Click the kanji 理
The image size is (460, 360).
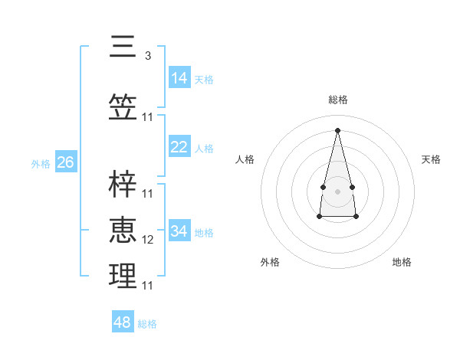tap(123, 275)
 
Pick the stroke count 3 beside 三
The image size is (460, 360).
tap(148, 55)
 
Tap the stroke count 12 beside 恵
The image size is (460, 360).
tap(148, 240)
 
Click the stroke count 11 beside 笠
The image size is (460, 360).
tap(148, 117)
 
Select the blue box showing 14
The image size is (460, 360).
tap(179, 77)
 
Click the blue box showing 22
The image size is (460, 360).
tap(179, 147)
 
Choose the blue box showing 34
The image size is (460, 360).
tap(179, 231)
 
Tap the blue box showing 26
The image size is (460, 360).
tap(66, 162)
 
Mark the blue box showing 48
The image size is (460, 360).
tap(123, 322)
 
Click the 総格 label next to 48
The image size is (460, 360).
tap(147, 324)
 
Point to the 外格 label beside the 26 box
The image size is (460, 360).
tap(41, 164)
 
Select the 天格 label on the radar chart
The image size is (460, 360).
tap(431, 159)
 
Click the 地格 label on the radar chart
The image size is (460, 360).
tap(402, 262)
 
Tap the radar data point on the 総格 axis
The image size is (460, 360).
tap(337, 130)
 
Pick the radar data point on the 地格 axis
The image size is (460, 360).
tap(356, 217)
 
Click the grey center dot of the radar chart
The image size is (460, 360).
tap(337, 189)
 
